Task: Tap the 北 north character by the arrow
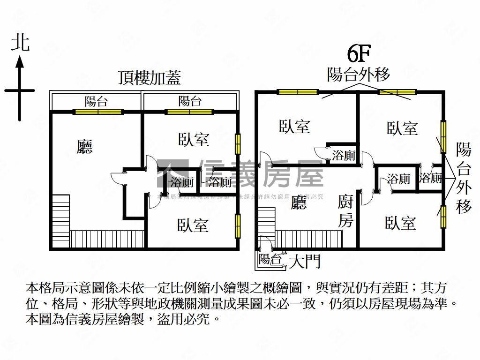(x=20, y=43)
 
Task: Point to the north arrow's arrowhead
(x=20, y=61)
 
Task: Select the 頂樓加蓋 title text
(x=150, y=78)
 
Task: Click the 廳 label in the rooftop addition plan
(x=84, y=147)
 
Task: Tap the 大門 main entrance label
(x=305, y=261)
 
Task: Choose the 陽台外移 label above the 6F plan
(x=358, y=75)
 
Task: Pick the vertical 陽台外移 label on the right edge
(x=464, y=178)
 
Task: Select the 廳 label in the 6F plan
(x=299, y=202)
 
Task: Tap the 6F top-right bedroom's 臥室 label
(x=402, y=128)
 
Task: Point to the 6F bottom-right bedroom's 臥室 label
(x=400, y=223)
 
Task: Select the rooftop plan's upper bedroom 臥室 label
(x=194, y=139)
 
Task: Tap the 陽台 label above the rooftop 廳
(x=96, y=101)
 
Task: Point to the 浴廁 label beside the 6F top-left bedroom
(x=344, y=155)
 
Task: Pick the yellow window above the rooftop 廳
(x=98, y=112)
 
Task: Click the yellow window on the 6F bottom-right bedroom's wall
(x=442, y=217)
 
